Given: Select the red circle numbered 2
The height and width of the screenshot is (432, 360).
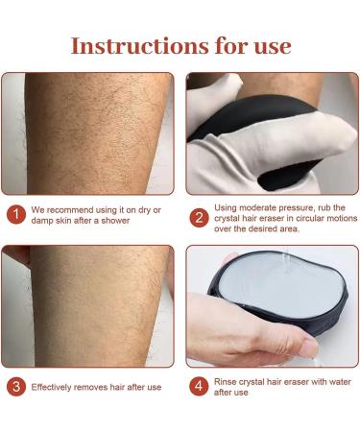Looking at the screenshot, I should click(x=197, y=216).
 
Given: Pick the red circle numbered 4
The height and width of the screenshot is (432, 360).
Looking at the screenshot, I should click(x=197, y=388).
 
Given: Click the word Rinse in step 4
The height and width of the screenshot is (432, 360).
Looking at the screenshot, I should click(x=229, y=381).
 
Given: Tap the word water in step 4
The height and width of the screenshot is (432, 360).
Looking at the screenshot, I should click(x=329, y=381).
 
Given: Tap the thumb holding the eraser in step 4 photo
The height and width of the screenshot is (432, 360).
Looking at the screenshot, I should click(x=278, y=344).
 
